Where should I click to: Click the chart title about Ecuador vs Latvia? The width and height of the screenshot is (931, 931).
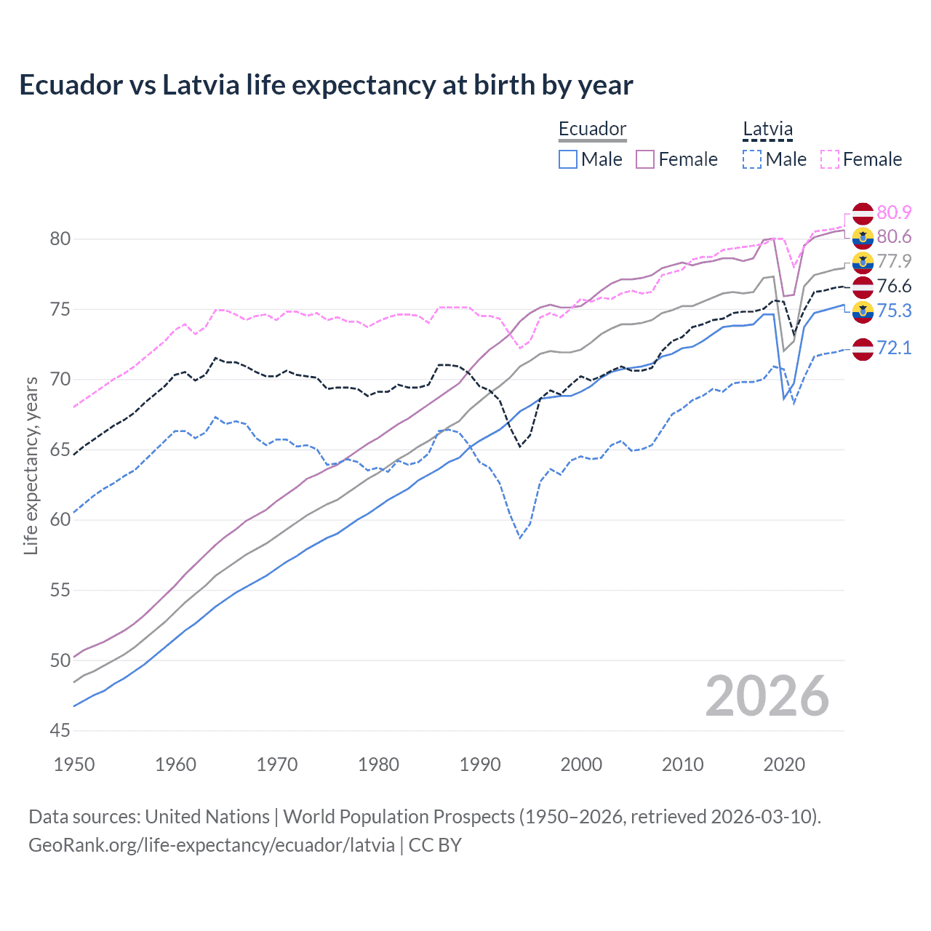(x=326, y=85)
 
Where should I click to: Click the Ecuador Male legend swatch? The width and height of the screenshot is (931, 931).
(x=568, y=159)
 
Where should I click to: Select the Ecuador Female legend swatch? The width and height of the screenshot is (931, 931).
(x=645, y=159)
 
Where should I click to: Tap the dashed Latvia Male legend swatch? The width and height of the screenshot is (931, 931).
(x=752, y=159)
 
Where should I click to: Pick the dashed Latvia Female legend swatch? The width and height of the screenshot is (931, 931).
(x=830, y=159)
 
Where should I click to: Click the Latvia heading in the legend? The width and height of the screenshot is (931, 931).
(x=767, y=129)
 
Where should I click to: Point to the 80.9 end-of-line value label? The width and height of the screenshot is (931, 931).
(x=894, y=212)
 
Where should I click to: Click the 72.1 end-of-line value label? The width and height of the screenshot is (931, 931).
(x=894, y=348)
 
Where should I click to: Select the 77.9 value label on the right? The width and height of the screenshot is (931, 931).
(x=894, y=261)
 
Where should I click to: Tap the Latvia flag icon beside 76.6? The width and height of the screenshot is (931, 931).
(x=863, y=287)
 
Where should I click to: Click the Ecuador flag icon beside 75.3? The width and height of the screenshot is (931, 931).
(x=863, y=311)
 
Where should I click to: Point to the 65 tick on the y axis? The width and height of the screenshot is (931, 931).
(x=60, y=449)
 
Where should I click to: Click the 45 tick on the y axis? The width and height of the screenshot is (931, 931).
(x=60, y=730)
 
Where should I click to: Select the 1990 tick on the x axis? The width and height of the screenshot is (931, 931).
(x=480, y=764)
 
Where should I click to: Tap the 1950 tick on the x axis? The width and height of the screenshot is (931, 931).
(x=74, y=764)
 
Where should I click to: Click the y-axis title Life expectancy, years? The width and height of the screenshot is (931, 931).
(x=31, y=465)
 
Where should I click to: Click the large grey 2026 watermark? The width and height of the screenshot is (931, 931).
(x=767, y=696)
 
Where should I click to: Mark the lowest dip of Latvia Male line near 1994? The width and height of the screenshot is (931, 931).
(x=520, y=538)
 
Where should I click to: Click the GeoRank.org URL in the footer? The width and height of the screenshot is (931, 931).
(x=211, y=845)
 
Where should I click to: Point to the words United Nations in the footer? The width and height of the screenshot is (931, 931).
(x=207, y=817)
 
